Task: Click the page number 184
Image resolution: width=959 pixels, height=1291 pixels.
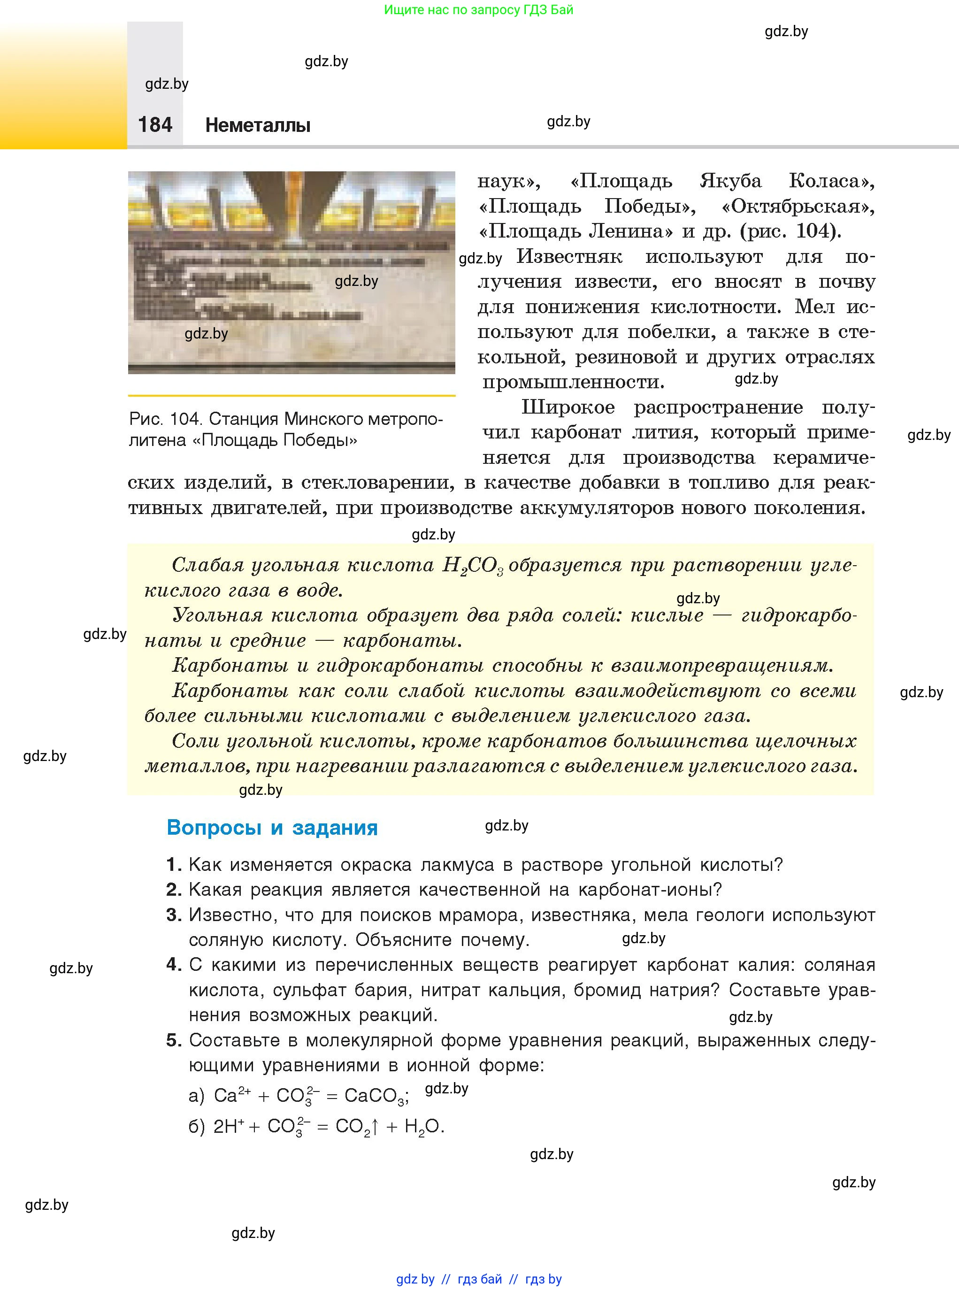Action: click(155, 125)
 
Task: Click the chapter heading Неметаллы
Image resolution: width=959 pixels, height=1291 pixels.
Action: click(258, 125)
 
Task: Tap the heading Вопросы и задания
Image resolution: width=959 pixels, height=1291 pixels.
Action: click(272, 827)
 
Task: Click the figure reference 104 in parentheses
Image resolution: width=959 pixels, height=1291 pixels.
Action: click(815, 231)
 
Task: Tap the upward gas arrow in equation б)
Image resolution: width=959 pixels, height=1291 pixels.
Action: click(375, 1127)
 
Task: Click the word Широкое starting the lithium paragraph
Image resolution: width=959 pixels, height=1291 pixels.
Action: click(568, 407)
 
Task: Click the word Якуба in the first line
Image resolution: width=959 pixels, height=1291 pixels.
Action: click(730, 181)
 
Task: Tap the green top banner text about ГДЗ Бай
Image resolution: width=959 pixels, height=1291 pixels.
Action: click(478, 10)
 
